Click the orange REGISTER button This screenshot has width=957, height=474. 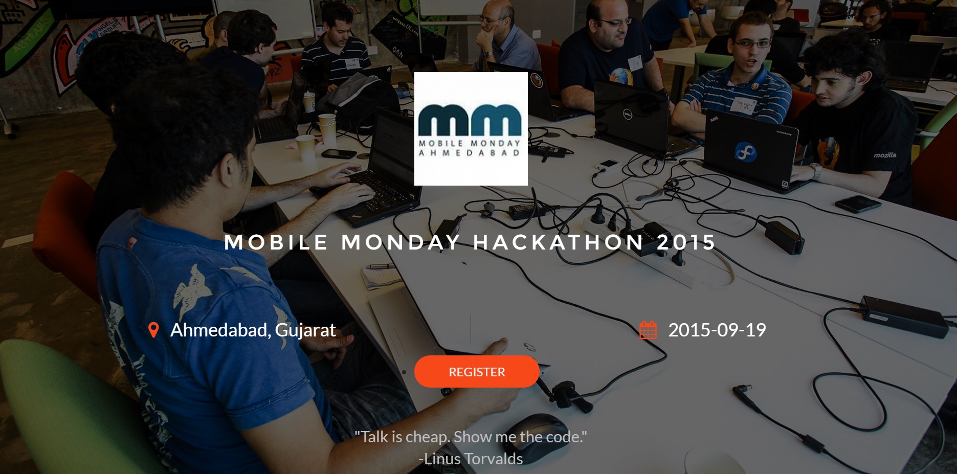477,372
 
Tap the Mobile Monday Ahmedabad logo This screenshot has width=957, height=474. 471,129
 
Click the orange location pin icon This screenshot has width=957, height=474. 153,330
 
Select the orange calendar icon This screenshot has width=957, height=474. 648,330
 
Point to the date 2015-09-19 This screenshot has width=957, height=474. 717,330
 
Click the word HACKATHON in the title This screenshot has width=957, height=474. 558,242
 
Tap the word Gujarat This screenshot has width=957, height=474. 305,331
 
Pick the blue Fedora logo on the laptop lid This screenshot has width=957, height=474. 745,152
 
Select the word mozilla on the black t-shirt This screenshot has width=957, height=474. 885,155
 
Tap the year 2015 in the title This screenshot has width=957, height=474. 686,242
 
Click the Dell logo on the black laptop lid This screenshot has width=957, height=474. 627,114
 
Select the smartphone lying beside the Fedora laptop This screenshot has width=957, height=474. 858,204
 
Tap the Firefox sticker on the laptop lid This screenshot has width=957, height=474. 536,81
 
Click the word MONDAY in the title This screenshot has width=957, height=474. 400,242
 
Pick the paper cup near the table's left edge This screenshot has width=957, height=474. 305,148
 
